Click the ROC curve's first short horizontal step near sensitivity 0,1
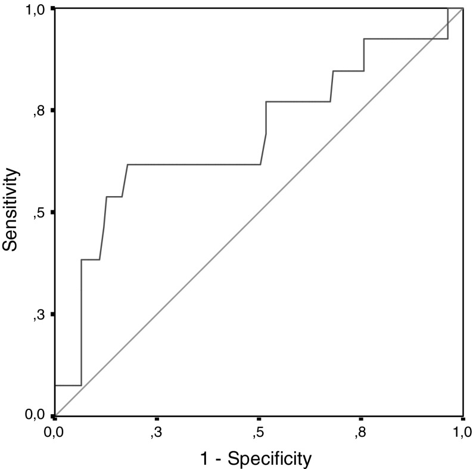pyautogui.click(x=67, y=386)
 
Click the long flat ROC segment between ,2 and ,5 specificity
pyautogui.click(x=194, y=164)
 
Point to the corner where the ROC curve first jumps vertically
pyautogui.click(x=81, y=386)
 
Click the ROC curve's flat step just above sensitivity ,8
pyautogui.click(x=298, y=102)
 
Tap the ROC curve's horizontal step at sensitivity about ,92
pyautogui.click(x=405, y=39)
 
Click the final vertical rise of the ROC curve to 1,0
pyautogui.click(x=447, y=24)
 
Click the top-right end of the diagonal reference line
pyautogui.click(x=462, y=9)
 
